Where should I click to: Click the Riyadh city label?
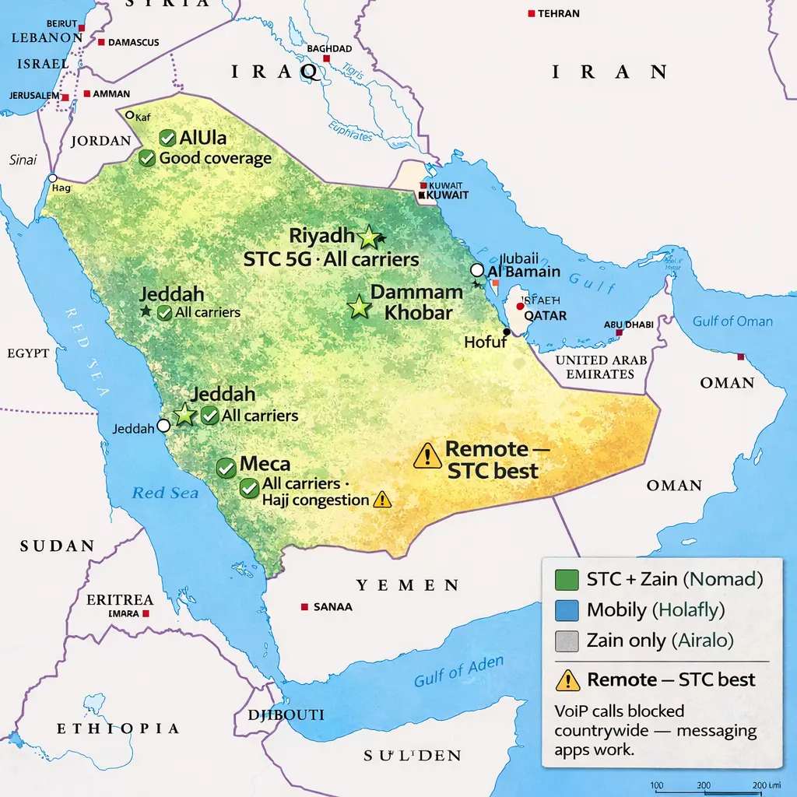(321, 236)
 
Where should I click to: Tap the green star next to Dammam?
(359, 307)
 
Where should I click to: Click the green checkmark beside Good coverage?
(146, 159)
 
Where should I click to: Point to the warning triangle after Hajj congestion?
(381, 500)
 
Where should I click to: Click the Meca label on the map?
(265, 465)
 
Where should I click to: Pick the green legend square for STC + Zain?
(567, 580)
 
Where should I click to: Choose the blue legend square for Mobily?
(567, 610)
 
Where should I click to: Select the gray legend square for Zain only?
(567, 641)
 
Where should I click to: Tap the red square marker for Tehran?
(531, 14)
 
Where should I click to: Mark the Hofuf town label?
(485, 342)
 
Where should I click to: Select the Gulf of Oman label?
(732, 321)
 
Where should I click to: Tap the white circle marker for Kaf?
(131, 115)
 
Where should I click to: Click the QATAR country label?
(545, 316)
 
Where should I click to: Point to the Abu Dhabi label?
(628, 325)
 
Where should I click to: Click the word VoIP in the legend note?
(572, 711)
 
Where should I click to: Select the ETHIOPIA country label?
(118, 729)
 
